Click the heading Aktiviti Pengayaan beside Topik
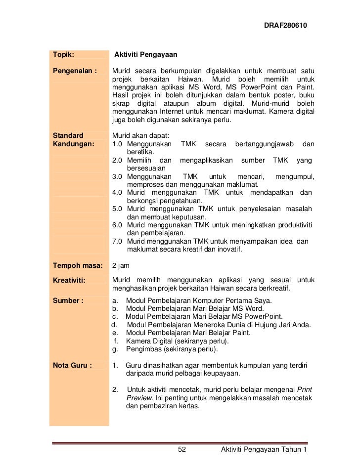point(146,53)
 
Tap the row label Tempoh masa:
point(77,265)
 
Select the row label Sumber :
point(68,300)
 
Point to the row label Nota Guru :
point(72,366)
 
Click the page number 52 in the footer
point(181,449)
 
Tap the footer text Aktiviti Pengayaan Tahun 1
point(265,449)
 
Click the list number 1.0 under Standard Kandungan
point(118,144)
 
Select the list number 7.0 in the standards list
point(118,241)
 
